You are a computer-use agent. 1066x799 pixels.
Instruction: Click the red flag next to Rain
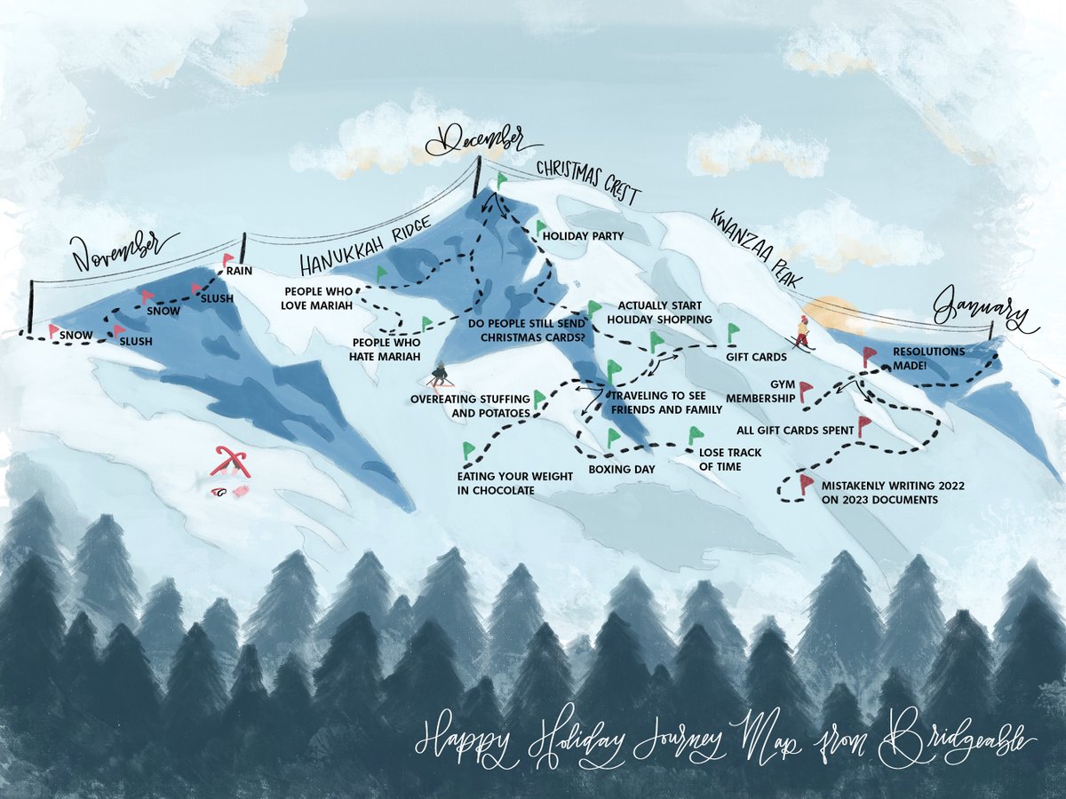(x=227, y=259)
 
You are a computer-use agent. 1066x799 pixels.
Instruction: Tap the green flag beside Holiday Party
(x=539, y=228)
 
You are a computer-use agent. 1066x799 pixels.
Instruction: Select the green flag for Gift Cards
(x=733, y=332)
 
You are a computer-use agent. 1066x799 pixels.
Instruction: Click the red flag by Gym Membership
(x=805, y=390)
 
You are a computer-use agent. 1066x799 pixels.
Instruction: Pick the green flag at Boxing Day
(x=612, y=437)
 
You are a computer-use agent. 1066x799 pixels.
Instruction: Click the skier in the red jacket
(x=803, y=333)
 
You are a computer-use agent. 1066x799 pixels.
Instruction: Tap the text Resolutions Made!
(x=928, y=358)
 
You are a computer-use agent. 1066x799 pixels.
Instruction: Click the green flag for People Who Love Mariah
(x=381, y=274)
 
